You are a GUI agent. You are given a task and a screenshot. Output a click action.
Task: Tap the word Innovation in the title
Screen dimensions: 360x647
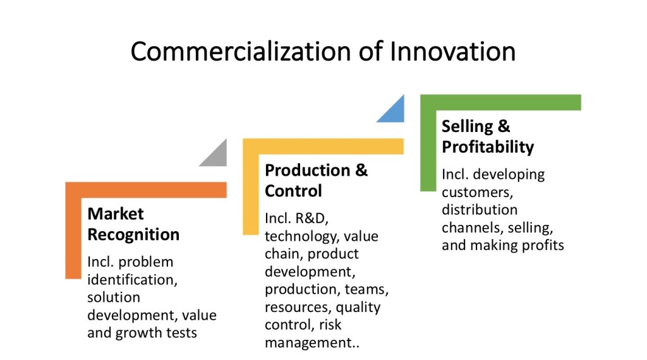[452, 51]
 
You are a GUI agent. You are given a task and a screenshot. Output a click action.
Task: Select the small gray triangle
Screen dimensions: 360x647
[217, 156]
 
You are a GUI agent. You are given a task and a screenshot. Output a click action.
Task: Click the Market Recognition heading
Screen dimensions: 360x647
[133, 224]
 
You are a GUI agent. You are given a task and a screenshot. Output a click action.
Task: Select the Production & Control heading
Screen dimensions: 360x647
[316, 181]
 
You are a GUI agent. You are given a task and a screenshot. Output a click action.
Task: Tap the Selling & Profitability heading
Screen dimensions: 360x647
[488, 136]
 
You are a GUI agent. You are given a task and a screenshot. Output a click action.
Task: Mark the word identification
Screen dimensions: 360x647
[131, 279]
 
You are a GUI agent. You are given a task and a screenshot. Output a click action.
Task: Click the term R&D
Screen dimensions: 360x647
[311, 219]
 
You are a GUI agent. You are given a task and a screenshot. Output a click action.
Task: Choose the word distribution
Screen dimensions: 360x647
[479, 209]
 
